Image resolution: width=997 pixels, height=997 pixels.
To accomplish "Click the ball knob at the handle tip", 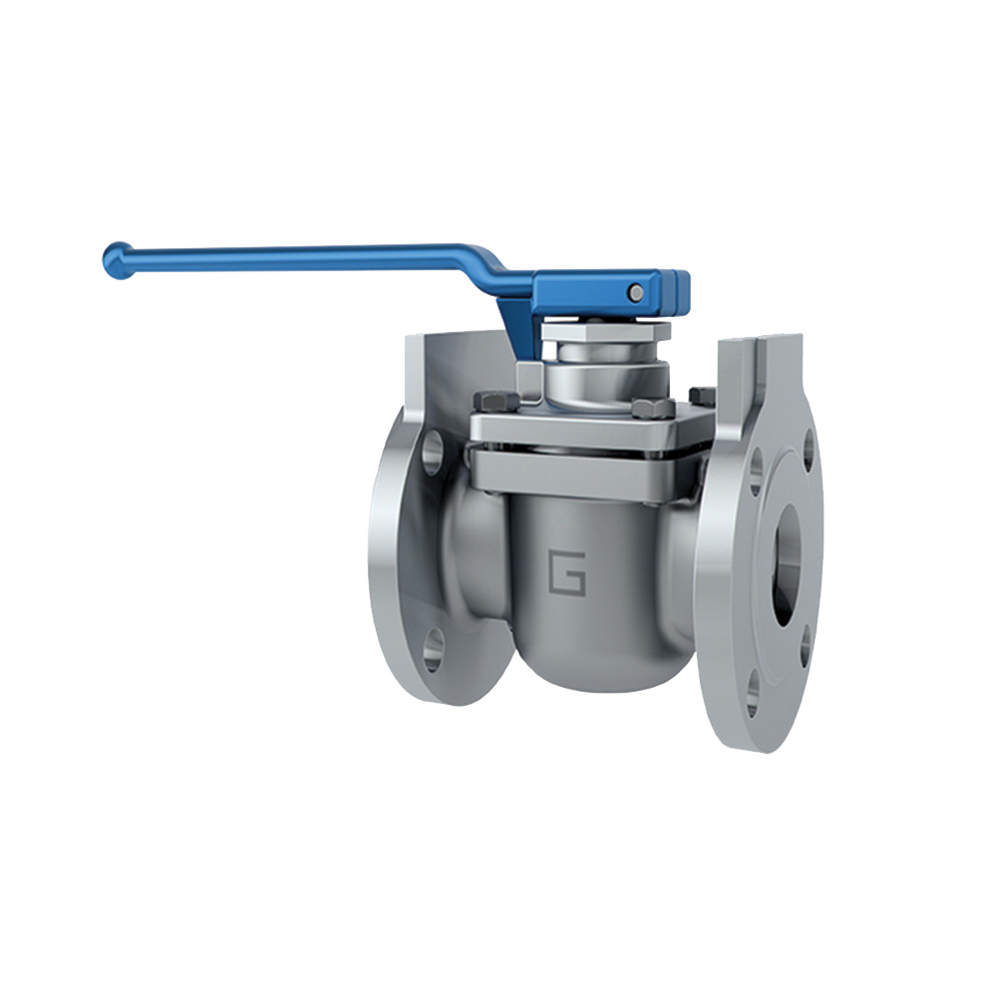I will (x=117, y=260).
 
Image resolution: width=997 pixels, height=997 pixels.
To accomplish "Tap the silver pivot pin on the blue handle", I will (x=635, y=291).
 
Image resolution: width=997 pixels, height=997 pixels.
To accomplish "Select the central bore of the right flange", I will (x=786, y=563).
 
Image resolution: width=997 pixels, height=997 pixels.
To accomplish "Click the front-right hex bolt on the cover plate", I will (x=647, y=408).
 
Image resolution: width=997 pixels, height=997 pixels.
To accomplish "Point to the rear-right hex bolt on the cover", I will (x=700, y=396).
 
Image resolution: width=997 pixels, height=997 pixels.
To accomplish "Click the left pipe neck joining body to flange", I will (x=469, y=558).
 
